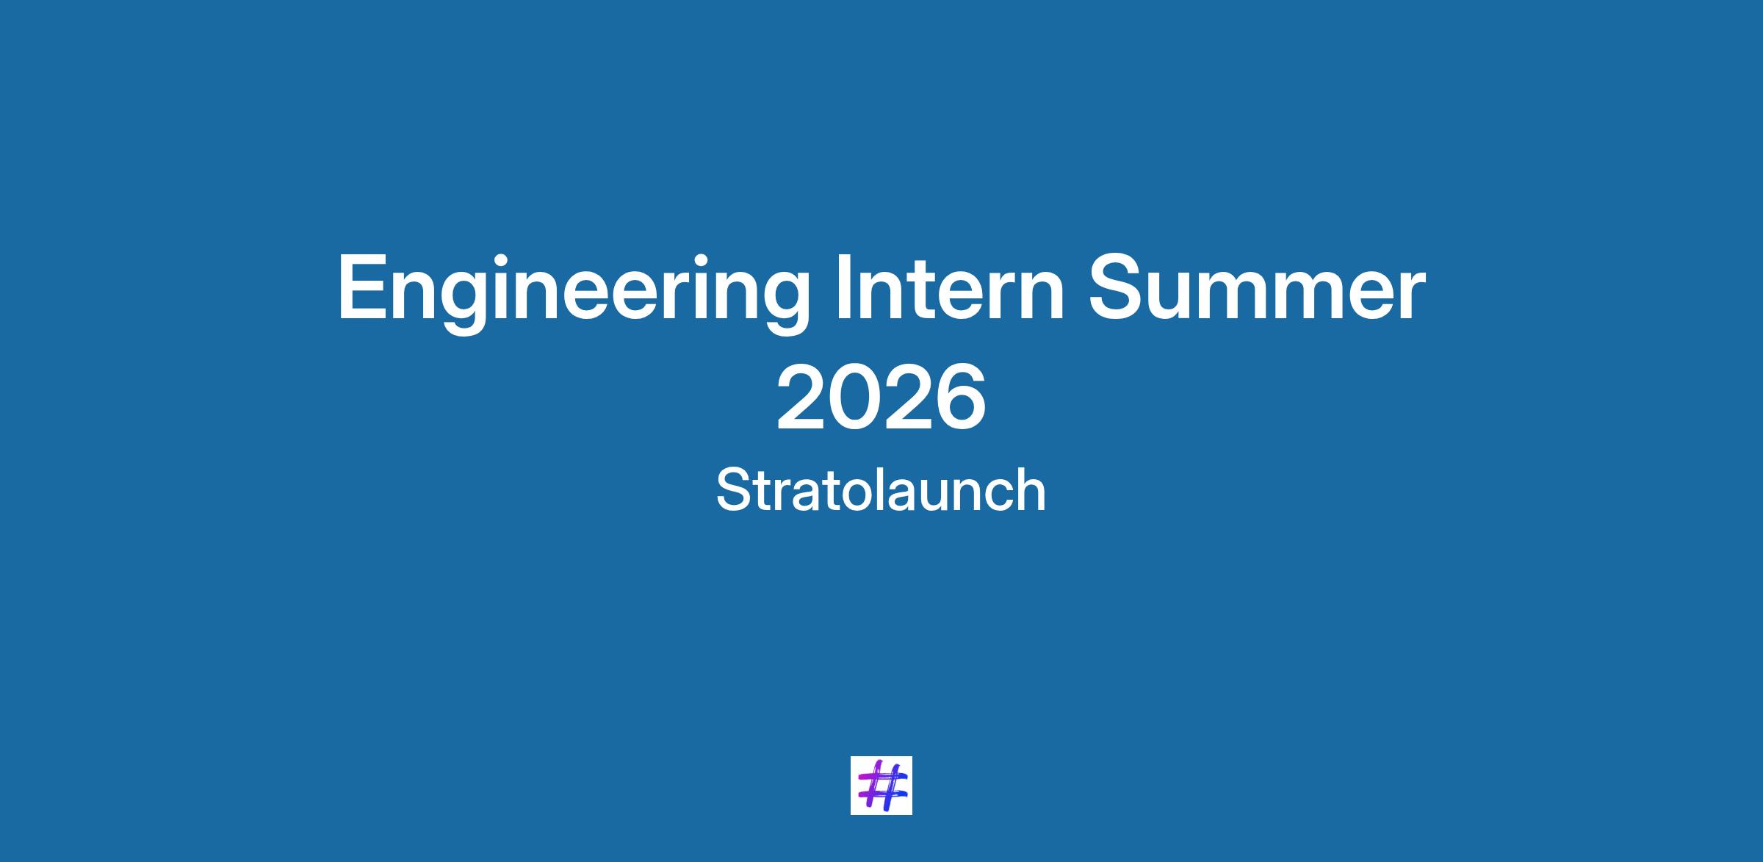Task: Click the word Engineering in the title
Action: [573, 292]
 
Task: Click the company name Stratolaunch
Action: [881, 490]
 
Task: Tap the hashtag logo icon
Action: [881, 785]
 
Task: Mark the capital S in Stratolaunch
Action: [732, 490]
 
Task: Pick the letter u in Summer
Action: [1180, 297]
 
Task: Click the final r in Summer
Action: [1412, 296]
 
